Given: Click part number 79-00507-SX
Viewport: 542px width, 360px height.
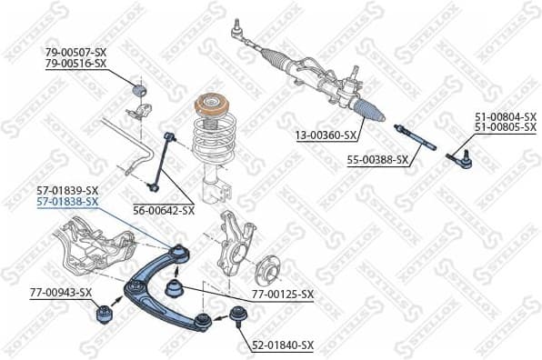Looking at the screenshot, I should [75, 52].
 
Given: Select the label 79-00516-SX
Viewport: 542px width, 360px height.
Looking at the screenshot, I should [75, 64].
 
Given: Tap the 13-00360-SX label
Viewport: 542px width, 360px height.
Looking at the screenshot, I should [326, 135].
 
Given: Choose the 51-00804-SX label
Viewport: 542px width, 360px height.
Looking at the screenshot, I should [506, 116].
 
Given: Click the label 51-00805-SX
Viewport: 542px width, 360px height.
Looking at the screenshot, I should [506, 128].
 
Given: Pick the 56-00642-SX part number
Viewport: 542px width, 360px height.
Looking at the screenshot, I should [164, 210].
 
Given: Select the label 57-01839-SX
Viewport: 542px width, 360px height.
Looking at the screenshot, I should [67, 190].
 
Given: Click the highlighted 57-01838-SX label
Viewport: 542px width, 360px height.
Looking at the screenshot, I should [67, 202].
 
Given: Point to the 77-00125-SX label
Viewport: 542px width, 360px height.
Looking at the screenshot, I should [282, 294].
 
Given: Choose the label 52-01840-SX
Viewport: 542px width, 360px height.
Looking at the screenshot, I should [282, 345].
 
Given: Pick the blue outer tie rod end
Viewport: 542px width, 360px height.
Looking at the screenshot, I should [461, 161].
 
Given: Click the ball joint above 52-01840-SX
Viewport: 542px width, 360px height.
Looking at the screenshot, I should [240, 317].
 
